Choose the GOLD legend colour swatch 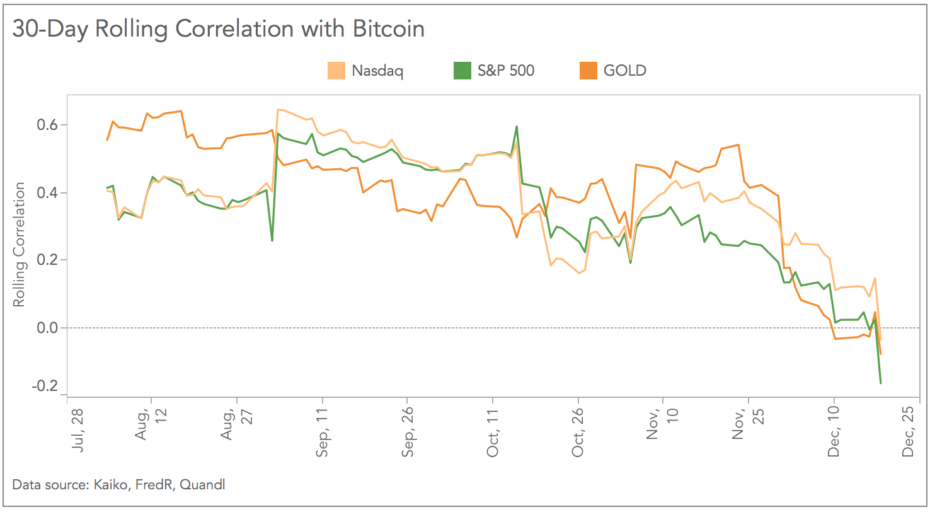588,71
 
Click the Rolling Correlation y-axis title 20,245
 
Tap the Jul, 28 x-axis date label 76,434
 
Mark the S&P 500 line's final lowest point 880,383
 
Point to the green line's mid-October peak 517,127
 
